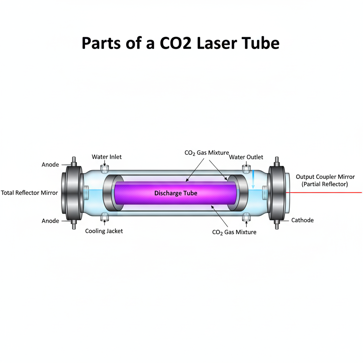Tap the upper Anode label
50,165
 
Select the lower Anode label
50,221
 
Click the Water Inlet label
107,157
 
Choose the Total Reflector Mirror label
29,193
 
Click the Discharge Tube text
176,193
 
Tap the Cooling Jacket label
104,231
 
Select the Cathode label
302,220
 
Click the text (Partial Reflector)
325,184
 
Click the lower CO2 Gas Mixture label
234,232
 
